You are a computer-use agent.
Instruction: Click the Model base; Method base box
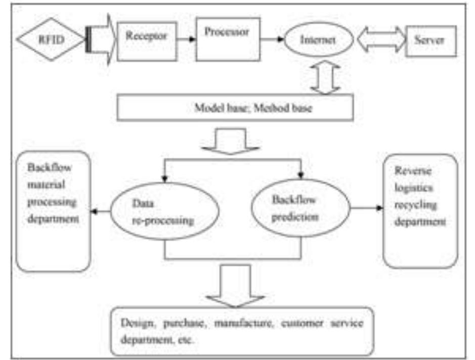(x=235, y=108)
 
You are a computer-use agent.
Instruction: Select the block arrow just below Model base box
(x=231, y=141)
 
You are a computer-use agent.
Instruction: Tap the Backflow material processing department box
(x=53, y=210)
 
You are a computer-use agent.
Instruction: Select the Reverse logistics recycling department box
(x=420, y=210)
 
